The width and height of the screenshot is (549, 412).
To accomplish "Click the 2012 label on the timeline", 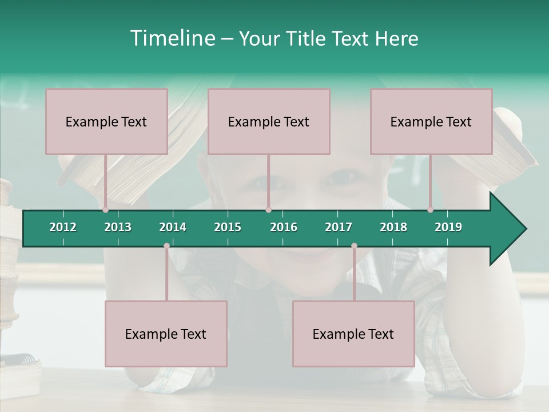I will click(x=63, y=227).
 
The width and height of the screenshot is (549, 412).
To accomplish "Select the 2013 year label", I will click(x=118, y=227).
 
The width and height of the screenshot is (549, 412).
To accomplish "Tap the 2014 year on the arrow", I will click(x=173, y=227).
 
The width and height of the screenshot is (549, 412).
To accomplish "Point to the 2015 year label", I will click(x=228, y=227).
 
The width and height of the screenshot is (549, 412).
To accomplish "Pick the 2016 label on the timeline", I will click(x=284, y=227).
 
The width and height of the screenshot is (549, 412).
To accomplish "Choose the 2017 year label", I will click(x=339, y=227).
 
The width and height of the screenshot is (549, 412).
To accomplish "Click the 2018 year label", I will click(x=393, y=227).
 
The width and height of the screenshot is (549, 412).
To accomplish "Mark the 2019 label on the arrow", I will click(x=448, y=227).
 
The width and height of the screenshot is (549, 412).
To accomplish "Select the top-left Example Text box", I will click(x=106, y=121).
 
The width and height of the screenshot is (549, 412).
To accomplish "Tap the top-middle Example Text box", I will click(x=269, y=121).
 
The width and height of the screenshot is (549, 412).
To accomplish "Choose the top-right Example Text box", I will click(x=431, y=121).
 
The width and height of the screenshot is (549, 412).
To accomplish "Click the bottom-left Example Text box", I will click(x=166, y=334).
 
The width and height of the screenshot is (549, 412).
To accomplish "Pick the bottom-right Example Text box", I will click(x=353, y=334).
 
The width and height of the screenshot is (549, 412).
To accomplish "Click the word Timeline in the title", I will click(x=172, y=38).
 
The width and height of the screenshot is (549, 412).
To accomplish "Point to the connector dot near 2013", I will click(x=105, y=210).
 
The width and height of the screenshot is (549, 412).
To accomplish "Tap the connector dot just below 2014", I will click(x=166, y=246).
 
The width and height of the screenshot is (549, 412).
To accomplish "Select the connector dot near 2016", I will click(x=268, y=210).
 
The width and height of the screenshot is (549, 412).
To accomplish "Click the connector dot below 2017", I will click(x=354, y=246).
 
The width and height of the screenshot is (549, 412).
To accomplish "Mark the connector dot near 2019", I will click(x=430, y=210).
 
